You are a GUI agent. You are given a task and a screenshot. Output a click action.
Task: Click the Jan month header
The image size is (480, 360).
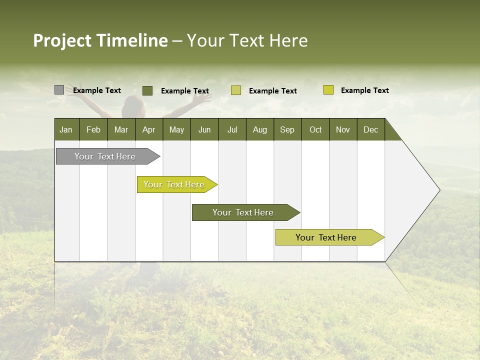coord(66,129)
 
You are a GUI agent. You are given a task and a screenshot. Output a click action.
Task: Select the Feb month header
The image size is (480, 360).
coord(93,129)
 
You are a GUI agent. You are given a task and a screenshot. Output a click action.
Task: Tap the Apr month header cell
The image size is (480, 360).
coord(149,129)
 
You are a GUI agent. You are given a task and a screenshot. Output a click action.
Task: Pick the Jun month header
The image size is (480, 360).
coord(204,129)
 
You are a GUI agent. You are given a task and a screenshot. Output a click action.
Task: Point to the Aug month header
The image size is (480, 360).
coord(260,129)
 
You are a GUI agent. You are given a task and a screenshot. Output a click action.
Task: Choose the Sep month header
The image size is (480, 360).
coord(287,129)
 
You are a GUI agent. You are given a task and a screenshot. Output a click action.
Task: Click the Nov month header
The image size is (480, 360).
coord(343,129)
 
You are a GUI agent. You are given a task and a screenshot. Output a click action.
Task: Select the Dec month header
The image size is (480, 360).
coord(371,129)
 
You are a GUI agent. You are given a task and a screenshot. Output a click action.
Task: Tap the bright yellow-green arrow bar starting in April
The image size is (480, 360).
coord(175,184)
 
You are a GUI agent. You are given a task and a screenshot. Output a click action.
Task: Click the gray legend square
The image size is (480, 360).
coord(59,90)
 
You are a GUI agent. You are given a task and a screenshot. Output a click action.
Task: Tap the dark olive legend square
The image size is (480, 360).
coord(147,90)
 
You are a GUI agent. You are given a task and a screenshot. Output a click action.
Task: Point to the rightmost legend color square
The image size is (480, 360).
coord(328,90)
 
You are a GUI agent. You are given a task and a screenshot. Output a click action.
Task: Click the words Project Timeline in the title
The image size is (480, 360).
coord(100,40)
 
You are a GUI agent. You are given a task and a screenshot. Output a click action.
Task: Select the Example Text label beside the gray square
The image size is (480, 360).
coord(97,90)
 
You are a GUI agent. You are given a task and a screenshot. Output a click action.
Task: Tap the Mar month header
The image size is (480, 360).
coord(121,129)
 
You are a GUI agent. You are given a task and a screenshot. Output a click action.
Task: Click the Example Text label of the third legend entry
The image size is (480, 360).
coord(273,91)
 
